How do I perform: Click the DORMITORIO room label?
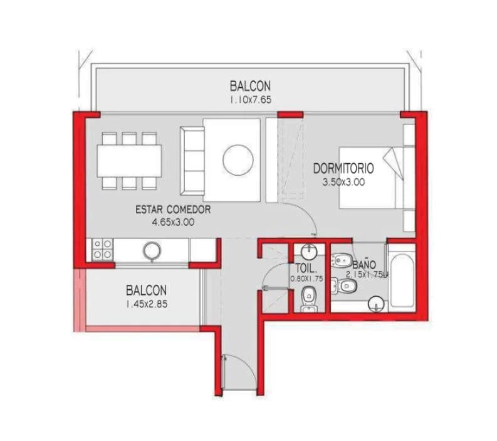(343, 168)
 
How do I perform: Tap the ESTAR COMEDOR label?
(172, 210)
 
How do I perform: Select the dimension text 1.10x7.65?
(250, 99)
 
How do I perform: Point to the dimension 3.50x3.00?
(343, 183)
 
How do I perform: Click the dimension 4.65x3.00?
(172, 221)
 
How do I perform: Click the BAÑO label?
(364, 265)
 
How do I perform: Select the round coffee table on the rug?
(238, 160)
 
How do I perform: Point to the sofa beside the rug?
(191, 159)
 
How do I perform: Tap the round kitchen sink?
(151, 250)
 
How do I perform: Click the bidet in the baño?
(342, 259)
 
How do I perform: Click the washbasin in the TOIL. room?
(308, 252)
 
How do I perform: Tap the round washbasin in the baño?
(375, 305)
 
